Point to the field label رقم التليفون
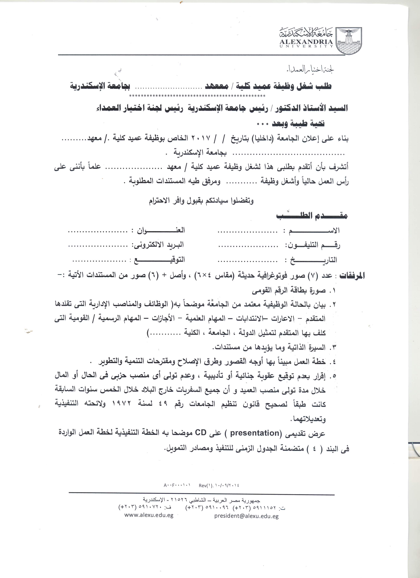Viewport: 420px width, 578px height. pyautogui.click(x=313, y=245)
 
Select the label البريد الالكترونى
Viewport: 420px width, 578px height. pyautogui.click(x=157, y=245)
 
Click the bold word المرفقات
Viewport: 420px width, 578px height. pyautogui.click(x=352, y=276)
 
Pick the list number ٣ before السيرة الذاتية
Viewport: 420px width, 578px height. pyautogui.click(x=333, y=347)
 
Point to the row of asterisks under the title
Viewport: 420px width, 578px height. pyautogui.click(x=198, y=96)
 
